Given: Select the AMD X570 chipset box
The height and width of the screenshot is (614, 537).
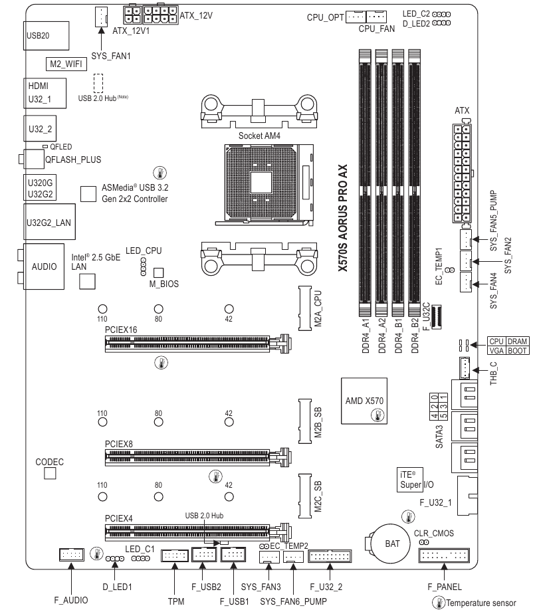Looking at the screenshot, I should coord(365,401).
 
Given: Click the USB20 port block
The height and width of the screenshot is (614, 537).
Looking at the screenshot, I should coord(46,35).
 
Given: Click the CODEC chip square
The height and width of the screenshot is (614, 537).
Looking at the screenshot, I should coord(50,472).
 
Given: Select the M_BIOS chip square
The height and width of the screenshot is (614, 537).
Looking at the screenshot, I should coord(158,272).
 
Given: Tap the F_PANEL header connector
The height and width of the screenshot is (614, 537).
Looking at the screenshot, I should coord(445,556).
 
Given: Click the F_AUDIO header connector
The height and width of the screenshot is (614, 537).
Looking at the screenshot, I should coord(70,554).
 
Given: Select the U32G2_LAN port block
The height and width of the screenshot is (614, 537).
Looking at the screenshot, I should coord(47,223).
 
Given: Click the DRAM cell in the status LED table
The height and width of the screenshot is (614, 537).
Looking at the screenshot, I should coord(517,340).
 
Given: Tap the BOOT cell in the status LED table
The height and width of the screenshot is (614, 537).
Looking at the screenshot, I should coord(517,350).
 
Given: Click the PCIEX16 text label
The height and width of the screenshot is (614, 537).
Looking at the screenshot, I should coord(121,329).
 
